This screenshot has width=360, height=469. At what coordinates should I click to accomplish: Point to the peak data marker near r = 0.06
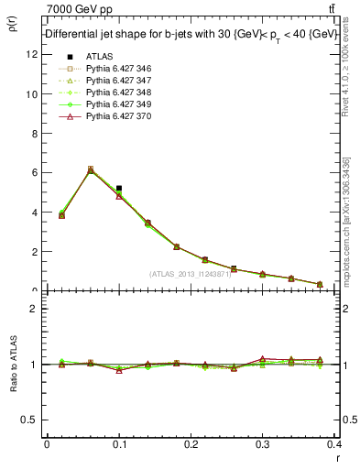tap(90, 169)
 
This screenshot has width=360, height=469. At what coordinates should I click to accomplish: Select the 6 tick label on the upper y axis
tap(33, 172)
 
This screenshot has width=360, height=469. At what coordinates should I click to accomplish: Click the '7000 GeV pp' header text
tap(73, 8)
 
